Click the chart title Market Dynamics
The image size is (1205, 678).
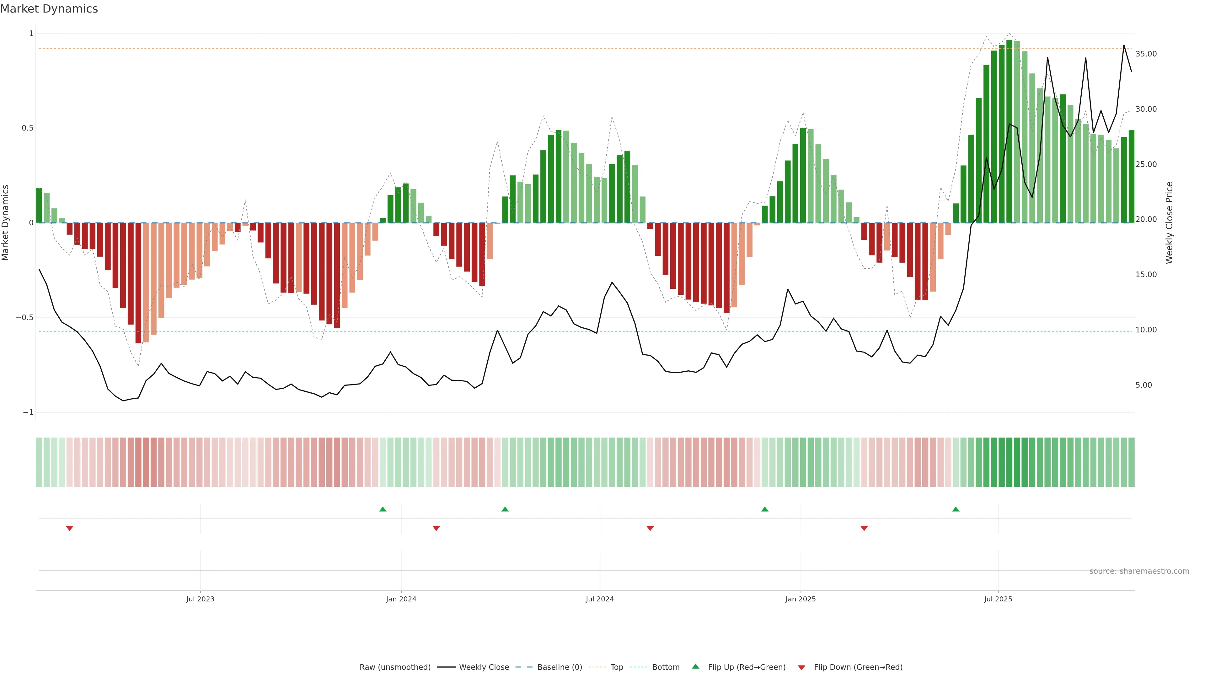coord(49,9)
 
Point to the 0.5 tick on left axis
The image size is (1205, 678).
coord(28,128)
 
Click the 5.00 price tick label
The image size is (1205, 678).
coord(1144,385)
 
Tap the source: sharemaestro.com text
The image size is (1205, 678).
coord(1139,571)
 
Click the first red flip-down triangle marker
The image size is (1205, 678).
coord(70,528)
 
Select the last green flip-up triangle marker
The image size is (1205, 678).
coord(956,509)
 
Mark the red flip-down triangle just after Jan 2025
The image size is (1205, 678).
coord(864,528)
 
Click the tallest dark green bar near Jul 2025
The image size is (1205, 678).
coord(1009,131)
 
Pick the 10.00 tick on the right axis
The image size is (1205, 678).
coord(1146,330)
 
